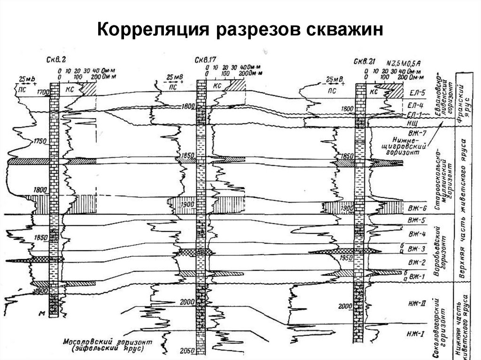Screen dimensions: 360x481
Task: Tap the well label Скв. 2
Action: click(x=57, y=59)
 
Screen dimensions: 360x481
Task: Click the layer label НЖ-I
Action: click(x=417, y=334)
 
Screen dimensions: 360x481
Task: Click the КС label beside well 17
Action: click(x=217, y=86)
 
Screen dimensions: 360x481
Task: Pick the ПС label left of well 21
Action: click(x=333, y=91)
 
